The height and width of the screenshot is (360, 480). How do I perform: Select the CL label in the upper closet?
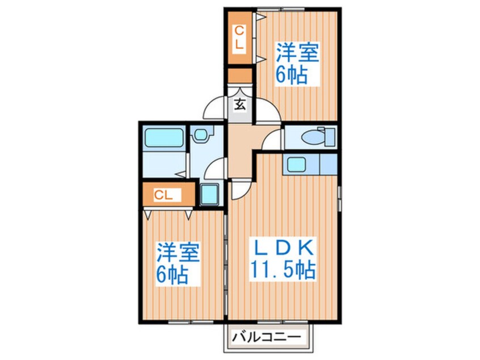point(239,37)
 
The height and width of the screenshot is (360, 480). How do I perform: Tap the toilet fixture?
point(314,136)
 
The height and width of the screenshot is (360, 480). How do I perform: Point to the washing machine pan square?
point(209,195)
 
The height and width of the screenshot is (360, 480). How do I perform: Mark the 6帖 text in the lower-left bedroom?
point(173,275)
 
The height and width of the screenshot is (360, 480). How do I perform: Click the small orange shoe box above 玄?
point(239,76)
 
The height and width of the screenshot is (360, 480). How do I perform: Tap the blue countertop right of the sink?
point(327,164)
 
